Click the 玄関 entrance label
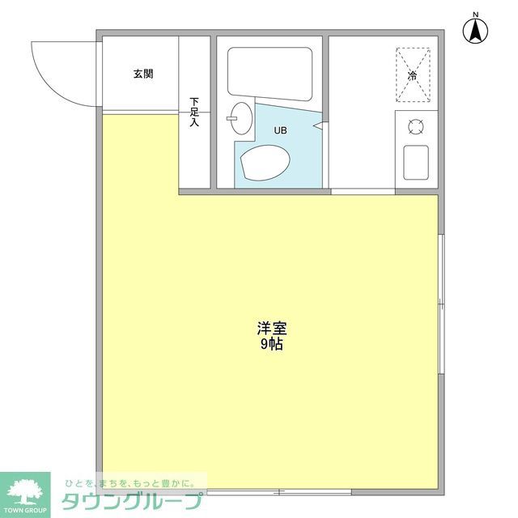(x=143, y=74)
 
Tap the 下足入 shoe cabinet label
(x=194, y=113)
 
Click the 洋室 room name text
(x=273, y=329)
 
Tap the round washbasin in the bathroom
(x=240, y=119)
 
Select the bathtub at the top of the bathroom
(x=270, y=74)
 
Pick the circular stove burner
(x=416, y=126)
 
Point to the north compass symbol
(x=476, y=32)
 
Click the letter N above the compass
(x=476, y=14)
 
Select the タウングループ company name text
(x=131, y=500)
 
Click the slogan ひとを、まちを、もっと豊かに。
(x=125, y=482)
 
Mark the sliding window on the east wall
(x=441, y=304)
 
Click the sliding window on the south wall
(x=279, y=491)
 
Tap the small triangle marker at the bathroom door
(x=323, y=126)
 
